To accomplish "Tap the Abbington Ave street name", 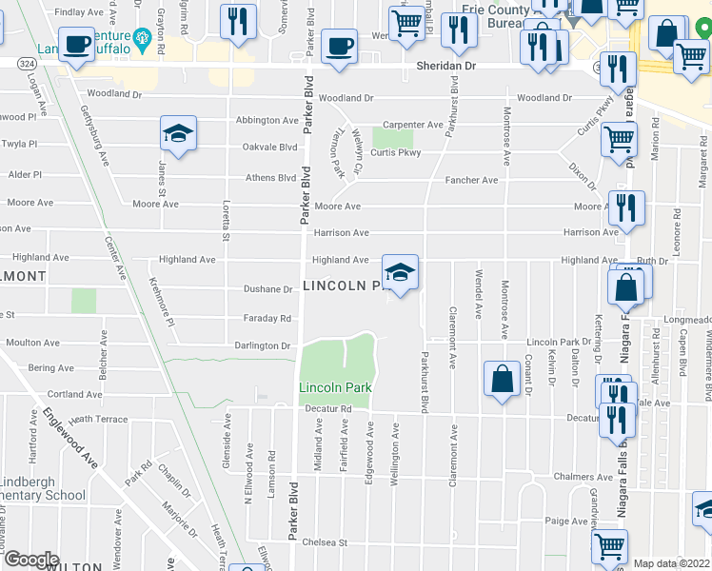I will coord(267,121).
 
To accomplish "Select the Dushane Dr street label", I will coord(267,289).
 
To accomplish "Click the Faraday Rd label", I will coord(266,319).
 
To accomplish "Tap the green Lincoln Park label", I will coord(334,387).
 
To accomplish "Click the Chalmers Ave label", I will coord(590,477).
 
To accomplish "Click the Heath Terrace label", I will coord(98,420).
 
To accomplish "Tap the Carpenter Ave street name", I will coord(412,125).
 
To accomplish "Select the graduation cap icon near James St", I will coord(178,135).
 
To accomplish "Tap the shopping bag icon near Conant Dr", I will coord(501,378).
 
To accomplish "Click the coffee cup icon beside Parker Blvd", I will coord(338,46).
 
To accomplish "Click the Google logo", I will coord(31,560).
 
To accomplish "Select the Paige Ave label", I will coord(566,521).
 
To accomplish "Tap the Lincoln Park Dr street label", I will coord(559,342).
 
